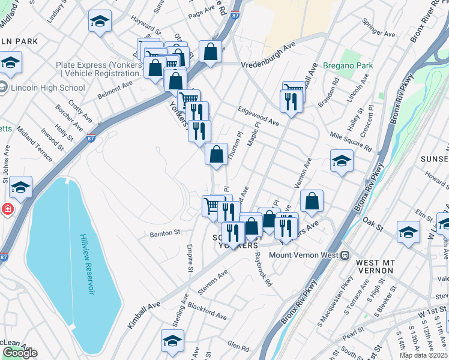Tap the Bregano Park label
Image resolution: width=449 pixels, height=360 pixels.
point(348,65)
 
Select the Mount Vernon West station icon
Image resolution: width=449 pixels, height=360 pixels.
point(345,255)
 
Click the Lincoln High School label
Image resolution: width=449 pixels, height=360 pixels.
point(47,88)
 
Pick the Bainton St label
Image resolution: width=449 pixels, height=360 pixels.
point(165,232)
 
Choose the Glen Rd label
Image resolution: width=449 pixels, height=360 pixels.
point(238,347)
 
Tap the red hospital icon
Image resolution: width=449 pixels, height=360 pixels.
point(7,209)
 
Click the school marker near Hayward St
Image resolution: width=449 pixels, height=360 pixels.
point(99,22)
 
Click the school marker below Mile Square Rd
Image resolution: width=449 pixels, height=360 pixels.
point(341,161)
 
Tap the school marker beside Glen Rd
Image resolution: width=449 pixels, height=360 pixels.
point(172,340)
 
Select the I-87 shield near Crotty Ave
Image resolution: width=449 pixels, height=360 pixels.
point(91,137)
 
